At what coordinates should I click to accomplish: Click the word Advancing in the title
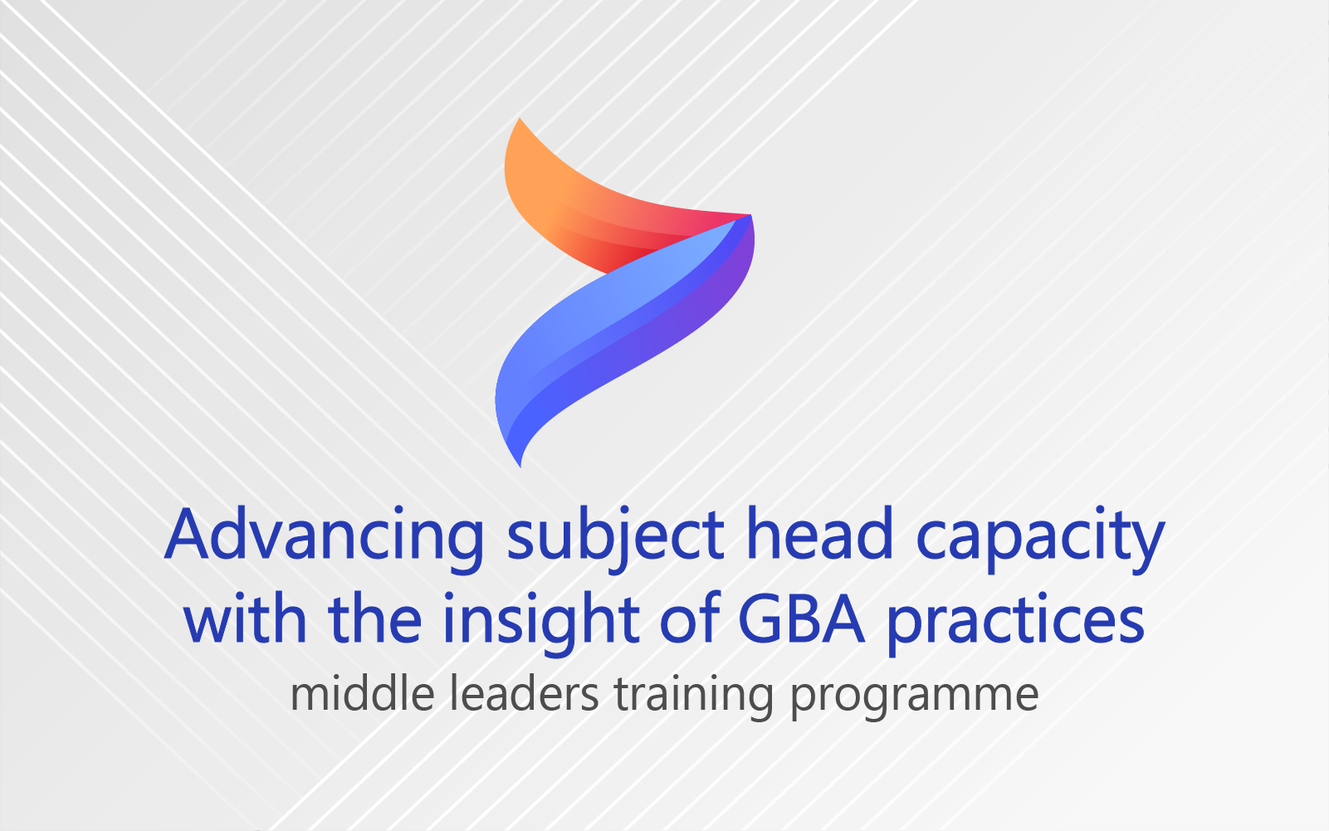324,539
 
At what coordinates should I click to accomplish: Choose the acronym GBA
802,618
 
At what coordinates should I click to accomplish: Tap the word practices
1016,622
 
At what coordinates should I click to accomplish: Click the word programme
914,700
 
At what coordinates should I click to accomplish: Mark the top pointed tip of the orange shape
520,119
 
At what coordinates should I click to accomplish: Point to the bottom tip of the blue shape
520,467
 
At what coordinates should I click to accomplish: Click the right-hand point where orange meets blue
750,215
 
